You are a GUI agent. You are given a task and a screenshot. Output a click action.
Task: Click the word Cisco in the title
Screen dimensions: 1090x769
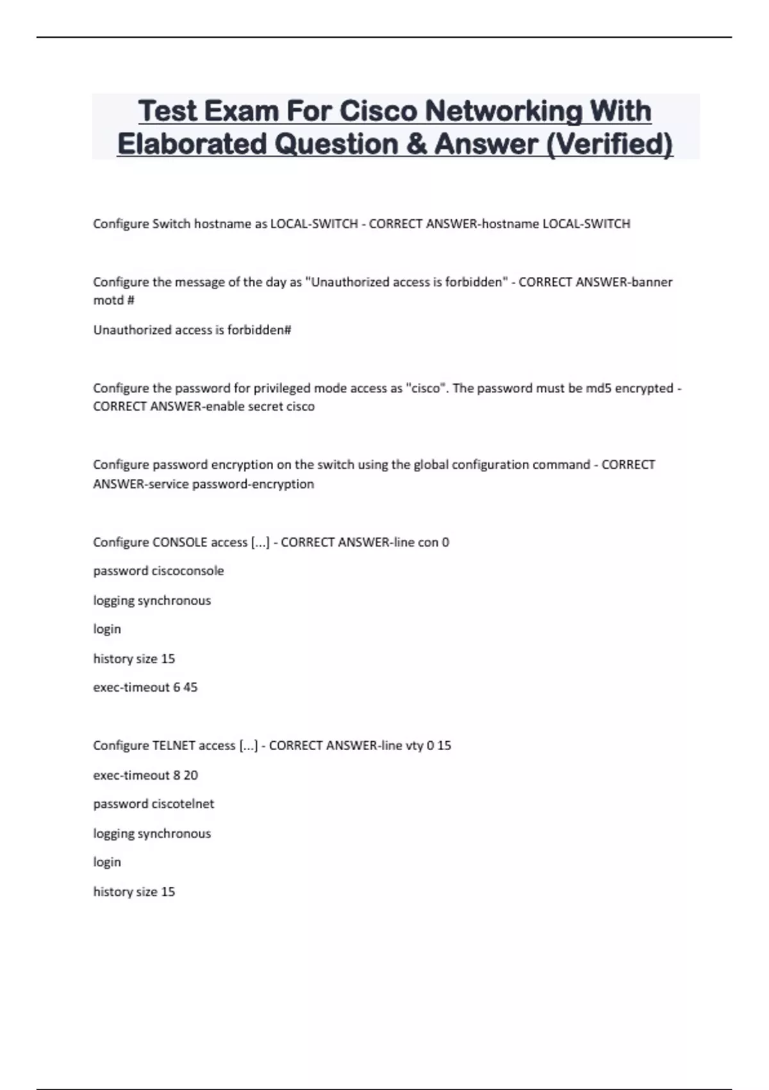[378, 111]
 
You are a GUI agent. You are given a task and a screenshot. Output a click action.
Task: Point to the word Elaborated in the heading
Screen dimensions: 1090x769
[192, 144]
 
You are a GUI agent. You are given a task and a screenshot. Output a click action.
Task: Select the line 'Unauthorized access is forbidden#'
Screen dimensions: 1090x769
[192, 330]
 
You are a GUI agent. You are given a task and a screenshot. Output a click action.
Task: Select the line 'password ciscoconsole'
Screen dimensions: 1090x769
[158, 571]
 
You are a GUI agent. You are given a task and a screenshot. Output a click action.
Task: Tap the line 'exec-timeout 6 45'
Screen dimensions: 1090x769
[145, 687]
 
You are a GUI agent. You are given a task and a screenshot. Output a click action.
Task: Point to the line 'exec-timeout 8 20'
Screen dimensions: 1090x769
[145, 775]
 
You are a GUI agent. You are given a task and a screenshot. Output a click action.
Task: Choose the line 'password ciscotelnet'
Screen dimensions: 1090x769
[154, 804]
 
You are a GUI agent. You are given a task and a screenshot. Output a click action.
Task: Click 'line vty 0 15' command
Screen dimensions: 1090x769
[416, 746]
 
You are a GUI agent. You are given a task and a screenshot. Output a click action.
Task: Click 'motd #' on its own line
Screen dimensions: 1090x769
[113, 300]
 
